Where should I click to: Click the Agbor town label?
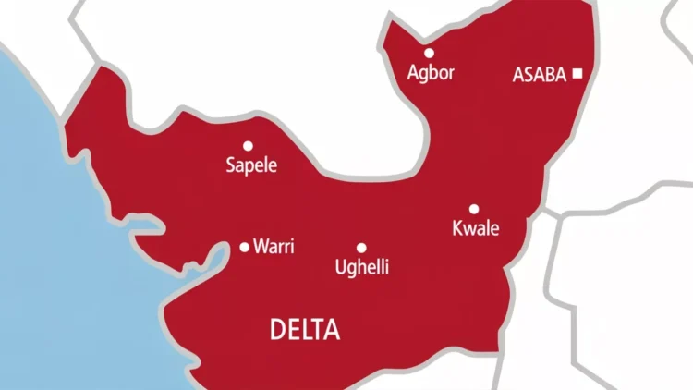pos(431,73)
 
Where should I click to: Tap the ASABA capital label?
pos(539,75)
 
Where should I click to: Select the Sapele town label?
pos(251,165)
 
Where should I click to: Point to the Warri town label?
pos(274,248)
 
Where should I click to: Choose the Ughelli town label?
pos(361,268)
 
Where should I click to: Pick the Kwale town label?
pos(475,228)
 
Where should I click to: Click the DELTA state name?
pos(304,329)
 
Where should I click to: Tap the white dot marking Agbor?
pos(429,53)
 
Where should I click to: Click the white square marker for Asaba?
pos(577,73)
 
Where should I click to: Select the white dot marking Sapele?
pos(248,145)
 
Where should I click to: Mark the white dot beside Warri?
pos(244,247)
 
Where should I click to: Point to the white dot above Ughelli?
pos(361,248)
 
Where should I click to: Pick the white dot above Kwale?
pos(474,209)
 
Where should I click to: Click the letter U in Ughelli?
pos(340,268)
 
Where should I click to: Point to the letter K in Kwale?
pos(456,228)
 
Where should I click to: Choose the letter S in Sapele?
pos(231,165)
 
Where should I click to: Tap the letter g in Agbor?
pos(424,75)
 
